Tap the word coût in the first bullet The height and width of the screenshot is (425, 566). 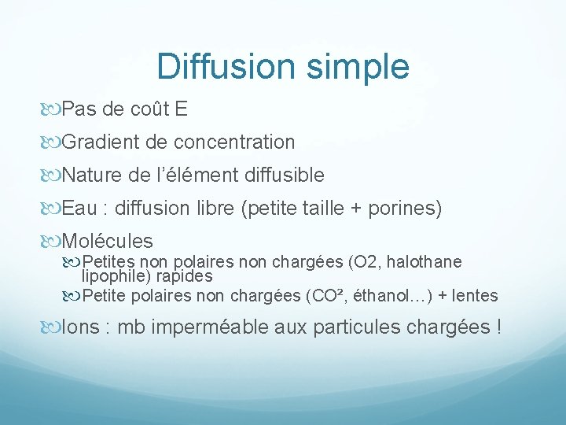152,109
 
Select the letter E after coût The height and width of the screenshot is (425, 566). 182,109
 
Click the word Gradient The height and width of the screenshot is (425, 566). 97,142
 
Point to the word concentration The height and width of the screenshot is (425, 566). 234,142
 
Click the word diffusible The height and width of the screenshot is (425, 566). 285,175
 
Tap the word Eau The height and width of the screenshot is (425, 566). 79,208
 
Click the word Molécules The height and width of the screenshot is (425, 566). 107,241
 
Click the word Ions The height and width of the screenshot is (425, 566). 81,327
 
